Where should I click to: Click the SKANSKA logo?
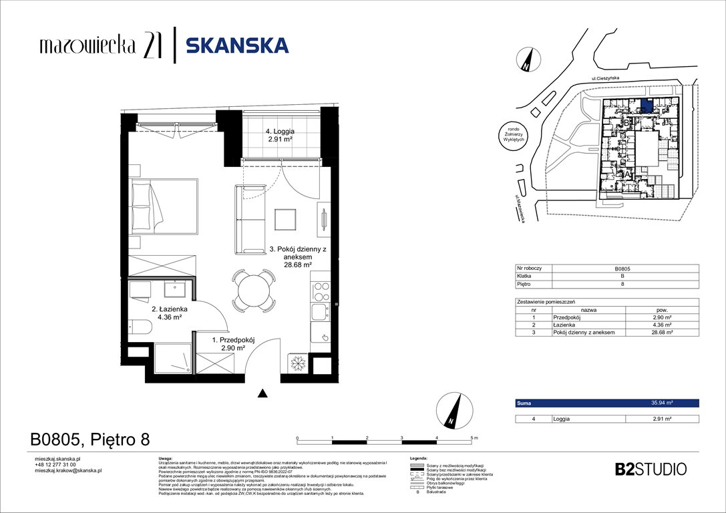pyautogui.click(x=236, y=45)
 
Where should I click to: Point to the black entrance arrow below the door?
pyautogui.click(x=264, y=394)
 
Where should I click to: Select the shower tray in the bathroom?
pyautogui.click(x=171, y=361)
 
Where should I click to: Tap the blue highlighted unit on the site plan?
pyautogui.click(x=646, y=105)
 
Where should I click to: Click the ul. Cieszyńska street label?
pyautogui.click(x=606, y=79)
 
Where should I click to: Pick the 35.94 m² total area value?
pyautogui.click(x=661, y=403)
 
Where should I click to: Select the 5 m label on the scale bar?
pyautogui.click(x=474, y=437)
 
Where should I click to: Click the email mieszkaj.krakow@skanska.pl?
pyautogui.click(x=68, y=470)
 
